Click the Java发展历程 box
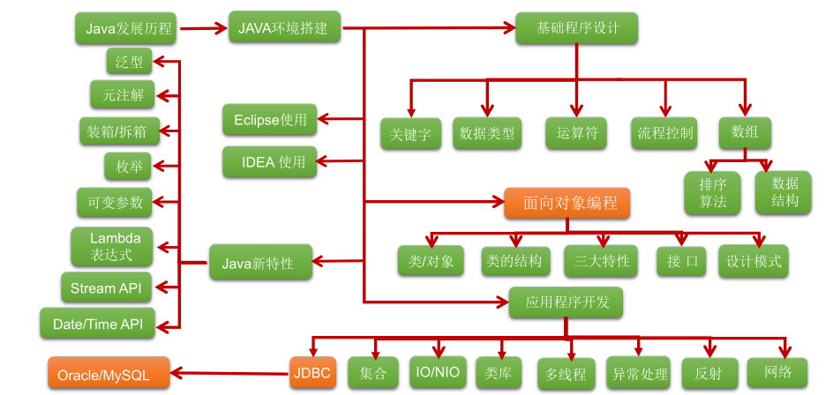click(x=126, y=28)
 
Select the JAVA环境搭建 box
click(x=283, y=28)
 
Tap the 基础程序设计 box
click(x=577, y=28)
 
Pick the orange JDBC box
click(x=313, y=373)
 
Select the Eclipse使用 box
click(x=268, y=119)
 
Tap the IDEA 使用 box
click(x=268, y=162)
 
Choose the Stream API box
click(x=106, y=288)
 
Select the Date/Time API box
click(x=97, y=324)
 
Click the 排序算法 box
click(x=712, y=192)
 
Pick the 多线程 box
click(x=566, y=374)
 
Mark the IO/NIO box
click(x=438, y=372)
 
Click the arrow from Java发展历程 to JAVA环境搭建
click(x=203, y=28)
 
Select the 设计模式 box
click(x=753, y=261)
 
